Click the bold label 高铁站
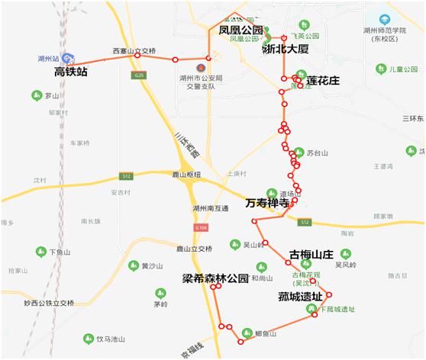[x=72, y=72]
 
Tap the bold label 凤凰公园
[x=240, y=31]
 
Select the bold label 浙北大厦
[x=285, y=49]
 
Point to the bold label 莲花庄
[x=322, y=80]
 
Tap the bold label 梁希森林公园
[x=215, y=278]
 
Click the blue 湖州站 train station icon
[x=68, y=58]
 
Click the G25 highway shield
[x=138, y=76]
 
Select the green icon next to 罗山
[x=35, y=95]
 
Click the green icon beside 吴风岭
[x=344, y=253]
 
